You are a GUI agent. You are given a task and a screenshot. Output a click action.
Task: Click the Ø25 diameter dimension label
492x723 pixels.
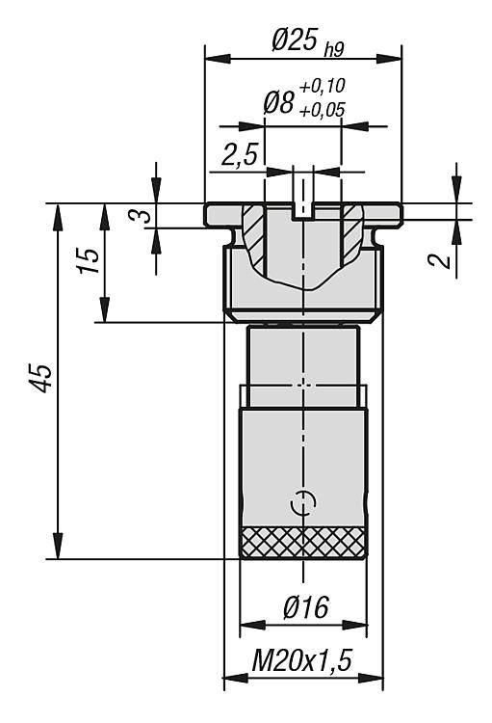click(295, 40)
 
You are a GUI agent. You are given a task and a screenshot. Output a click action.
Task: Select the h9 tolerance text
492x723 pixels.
click(334, 50)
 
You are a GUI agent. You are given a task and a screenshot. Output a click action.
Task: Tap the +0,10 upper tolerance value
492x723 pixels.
click(322, 86)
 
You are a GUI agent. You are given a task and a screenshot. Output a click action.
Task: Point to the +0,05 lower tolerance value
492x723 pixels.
click(322, 110)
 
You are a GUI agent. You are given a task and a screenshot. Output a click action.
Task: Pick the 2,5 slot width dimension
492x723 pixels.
click(239, 154)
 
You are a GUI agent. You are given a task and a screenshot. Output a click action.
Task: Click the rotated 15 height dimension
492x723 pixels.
click(88, 261)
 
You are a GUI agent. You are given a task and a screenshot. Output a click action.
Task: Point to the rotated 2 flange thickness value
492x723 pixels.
click(439, 260)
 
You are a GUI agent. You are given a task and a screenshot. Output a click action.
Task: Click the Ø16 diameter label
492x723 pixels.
click(306, 606)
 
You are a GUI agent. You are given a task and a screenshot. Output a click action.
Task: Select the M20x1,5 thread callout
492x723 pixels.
click(301, 660)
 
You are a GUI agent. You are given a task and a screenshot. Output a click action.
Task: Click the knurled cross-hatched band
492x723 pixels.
click(303, 542)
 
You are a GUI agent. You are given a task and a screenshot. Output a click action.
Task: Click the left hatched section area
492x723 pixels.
click(253, 236)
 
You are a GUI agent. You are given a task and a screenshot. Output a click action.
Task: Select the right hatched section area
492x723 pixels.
click(352, 235)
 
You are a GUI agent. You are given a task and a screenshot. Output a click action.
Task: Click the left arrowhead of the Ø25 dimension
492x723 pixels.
click(218, 59)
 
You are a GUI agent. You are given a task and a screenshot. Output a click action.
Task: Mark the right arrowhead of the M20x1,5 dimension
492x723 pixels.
click(371, 679)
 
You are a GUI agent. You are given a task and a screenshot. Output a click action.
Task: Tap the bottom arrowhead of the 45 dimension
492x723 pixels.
click(58, 547)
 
